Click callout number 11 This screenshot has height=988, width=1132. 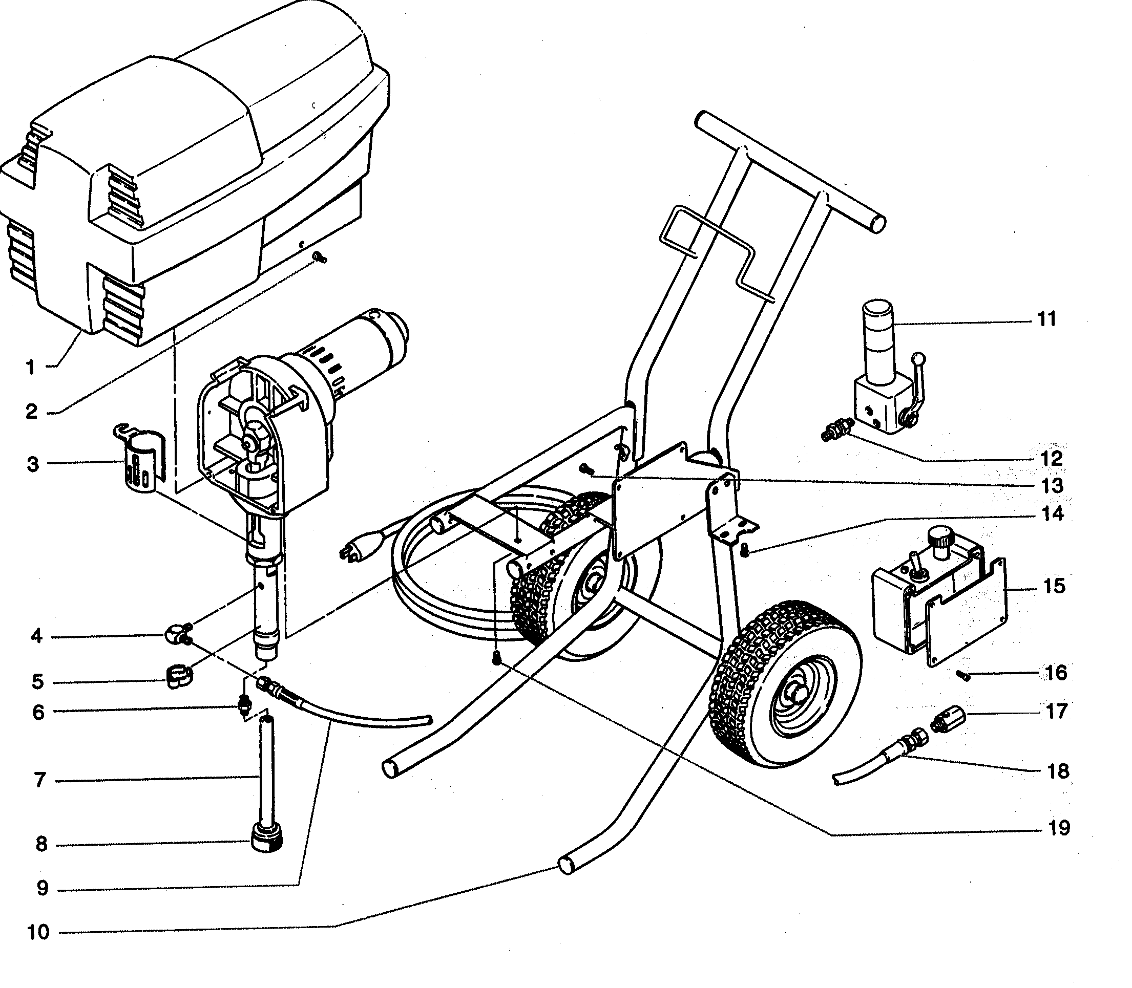point(1046,319)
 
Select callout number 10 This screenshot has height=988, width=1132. point(38,932)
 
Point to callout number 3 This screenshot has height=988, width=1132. point(33,464)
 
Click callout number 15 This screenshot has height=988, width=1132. point(1054,586)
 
